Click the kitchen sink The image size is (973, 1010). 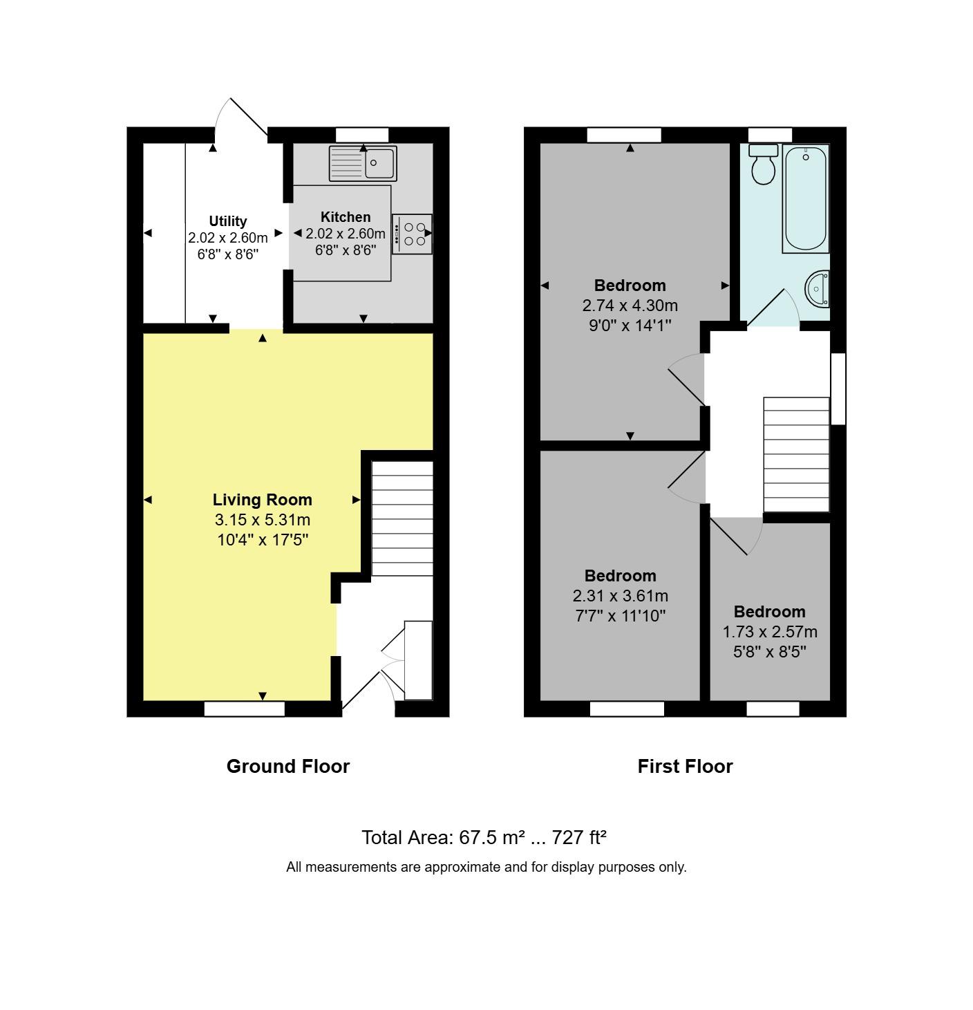tap(362, 163)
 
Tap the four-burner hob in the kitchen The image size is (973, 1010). tap(412, 234)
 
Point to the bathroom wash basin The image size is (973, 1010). tap(818, 288)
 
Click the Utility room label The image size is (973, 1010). tap(228, 221)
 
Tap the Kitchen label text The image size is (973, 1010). tap(346, 217)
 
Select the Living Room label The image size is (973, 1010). tap(262, 500)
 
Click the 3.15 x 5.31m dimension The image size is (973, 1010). tap(262, 520)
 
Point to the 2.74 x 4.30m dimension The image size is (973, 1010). tap(630, 306)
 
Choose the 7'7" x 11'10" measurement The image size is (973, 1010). tap(620, 616)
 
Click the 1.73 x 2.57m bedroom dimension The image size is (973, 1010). tap(770, 632)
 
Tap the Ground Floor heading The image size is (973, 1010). tap(288, 766)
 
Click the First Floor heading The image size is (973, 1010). tap(685, 766)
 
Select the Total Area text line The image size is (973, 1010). tap(484, 838)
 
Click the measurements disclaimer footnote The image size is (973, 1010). tap(486, 867)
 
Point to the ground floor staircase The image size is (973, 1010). tap(402, 518)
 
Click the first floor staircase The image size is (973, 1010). tap(796, 454)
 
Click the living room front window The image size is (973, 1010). tap(244, 709)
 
